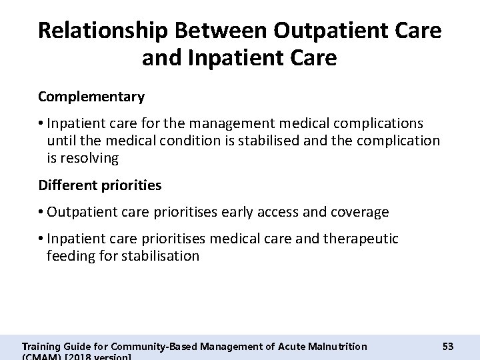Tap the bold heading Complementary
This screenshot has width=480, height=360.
pos(91,97)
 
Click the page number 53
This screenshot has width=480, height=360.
pos(448,346)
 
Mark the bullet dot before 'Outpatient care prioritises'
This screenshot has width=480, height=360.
pos(41,213)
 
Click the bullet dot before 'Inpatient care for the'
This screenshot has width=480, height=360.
pos(41,125)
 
